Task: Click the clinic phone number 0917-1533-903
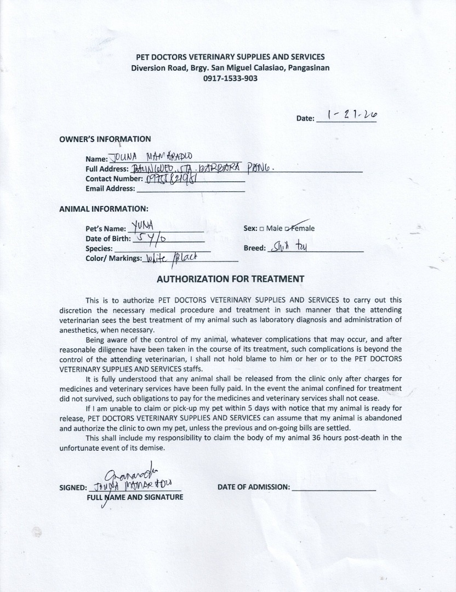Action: coord(230,78)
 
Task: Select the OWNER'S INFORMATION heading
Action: coord(105,139)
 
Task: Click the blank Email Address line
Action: coord(190,189)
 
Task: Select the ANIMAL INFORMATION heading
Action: coord(103,209)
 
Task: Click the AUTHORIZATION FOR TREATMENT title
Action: coord(230,278)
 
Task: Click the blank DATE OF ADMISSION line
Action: coord(334,487)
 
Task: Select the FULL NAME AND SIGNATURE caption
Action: coord(134,497)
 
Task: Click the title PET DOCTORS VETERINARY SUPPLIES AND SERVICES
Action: coord(230,57)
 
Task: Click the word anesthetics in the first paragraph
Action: coord(78,330)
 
